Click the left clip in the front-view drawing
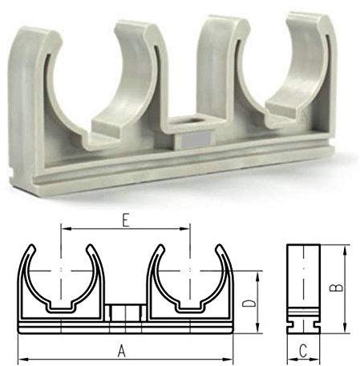61,280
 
